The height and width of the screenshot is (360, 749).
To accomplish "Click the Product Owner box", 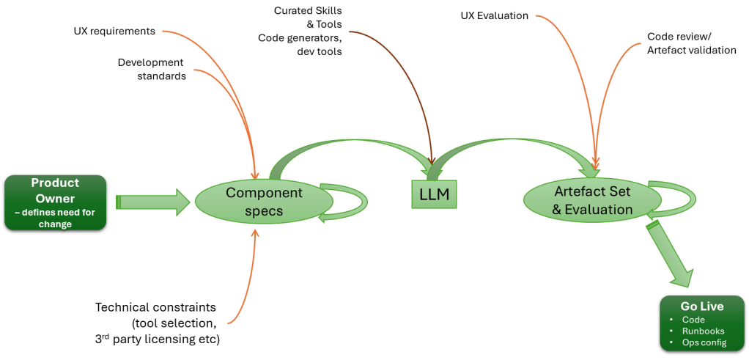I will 56,201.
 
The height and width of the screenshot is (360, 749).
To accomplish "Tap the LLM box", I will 431,195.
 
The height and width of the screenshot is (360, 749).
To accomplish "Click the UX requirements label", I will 114,32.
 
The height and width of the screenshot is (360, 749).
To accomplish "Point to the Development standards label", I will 151,68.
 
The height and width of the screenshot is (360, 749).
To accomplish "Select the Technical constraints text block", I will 158,323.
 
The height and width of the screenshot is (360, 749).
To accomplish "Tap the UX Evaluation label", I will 494,15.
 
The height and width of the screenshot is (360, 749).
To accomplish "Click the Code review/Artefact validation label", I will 691,43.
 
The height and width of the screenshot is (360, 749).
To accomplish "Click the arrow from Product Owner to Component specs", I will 152,201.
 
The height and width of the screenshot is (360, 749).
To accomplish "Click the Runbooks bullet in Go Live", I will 703,331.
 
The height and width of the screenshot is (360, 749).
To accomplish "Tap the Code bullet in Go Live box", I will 693,320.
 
